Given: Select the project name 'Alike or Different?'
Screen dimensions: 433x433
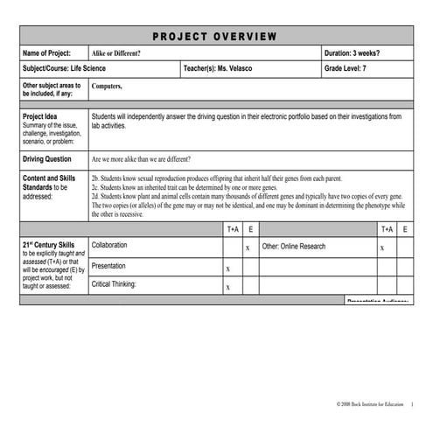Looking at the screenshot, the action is (116, 53).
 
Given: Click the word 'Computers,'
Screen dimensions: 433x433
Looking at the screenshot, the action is (107, 87).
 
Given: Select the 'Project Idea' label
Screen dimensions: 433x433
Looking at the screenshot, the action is (39, 116).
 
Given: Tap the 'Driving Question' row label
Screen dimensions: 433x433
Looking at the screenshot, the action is (46, 160).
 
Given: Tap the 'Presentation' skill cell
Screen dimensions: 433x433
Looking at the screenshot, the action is (108, 266).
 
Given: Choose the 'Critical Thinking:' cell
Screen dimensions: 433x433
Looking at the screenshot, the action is (114, 284).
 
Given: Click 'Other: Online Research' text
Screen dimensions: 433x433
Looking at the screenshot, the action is (294, 247).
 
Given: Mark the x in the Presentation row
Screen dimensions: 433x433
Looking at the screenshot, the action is (228, 269).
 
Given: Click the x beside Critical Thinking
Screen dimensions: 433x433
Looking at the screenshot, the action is (228, 287).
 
